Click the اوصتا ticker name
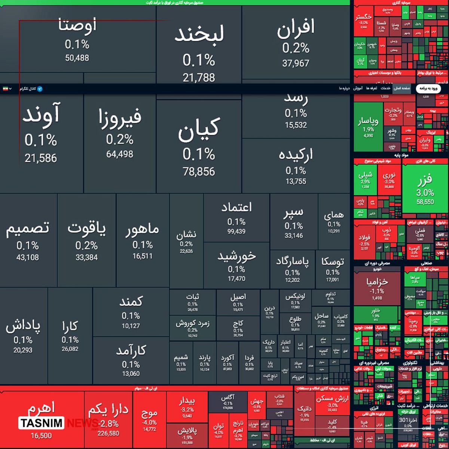pos(77,25)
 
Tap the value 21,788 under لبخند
pos(199,77)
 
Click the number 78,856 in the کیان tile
pos(199,172)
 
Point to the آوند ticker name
pos(41,114)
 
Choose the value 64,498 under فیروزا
pos(120,154)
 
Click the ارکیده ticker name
pos(296,154)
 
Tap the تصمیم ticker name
pos(27,227)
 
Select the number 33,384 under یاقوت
pos(86,257)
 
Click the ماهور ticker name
pos(143,229)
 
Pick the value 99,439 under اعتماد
pos(236,232)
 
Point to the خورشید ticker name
pos(236,256)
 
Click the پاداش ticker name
pos(23,326)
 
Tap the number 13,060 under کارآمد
pos(131,373)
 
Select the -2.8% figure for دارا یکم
pos(108,424)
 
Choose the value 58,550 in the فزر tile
pos(425,202)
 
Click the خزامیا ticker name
pos(377,281)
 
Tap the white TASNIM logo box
pos(41,423)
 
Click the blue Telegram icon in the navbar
pos(40,89)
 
